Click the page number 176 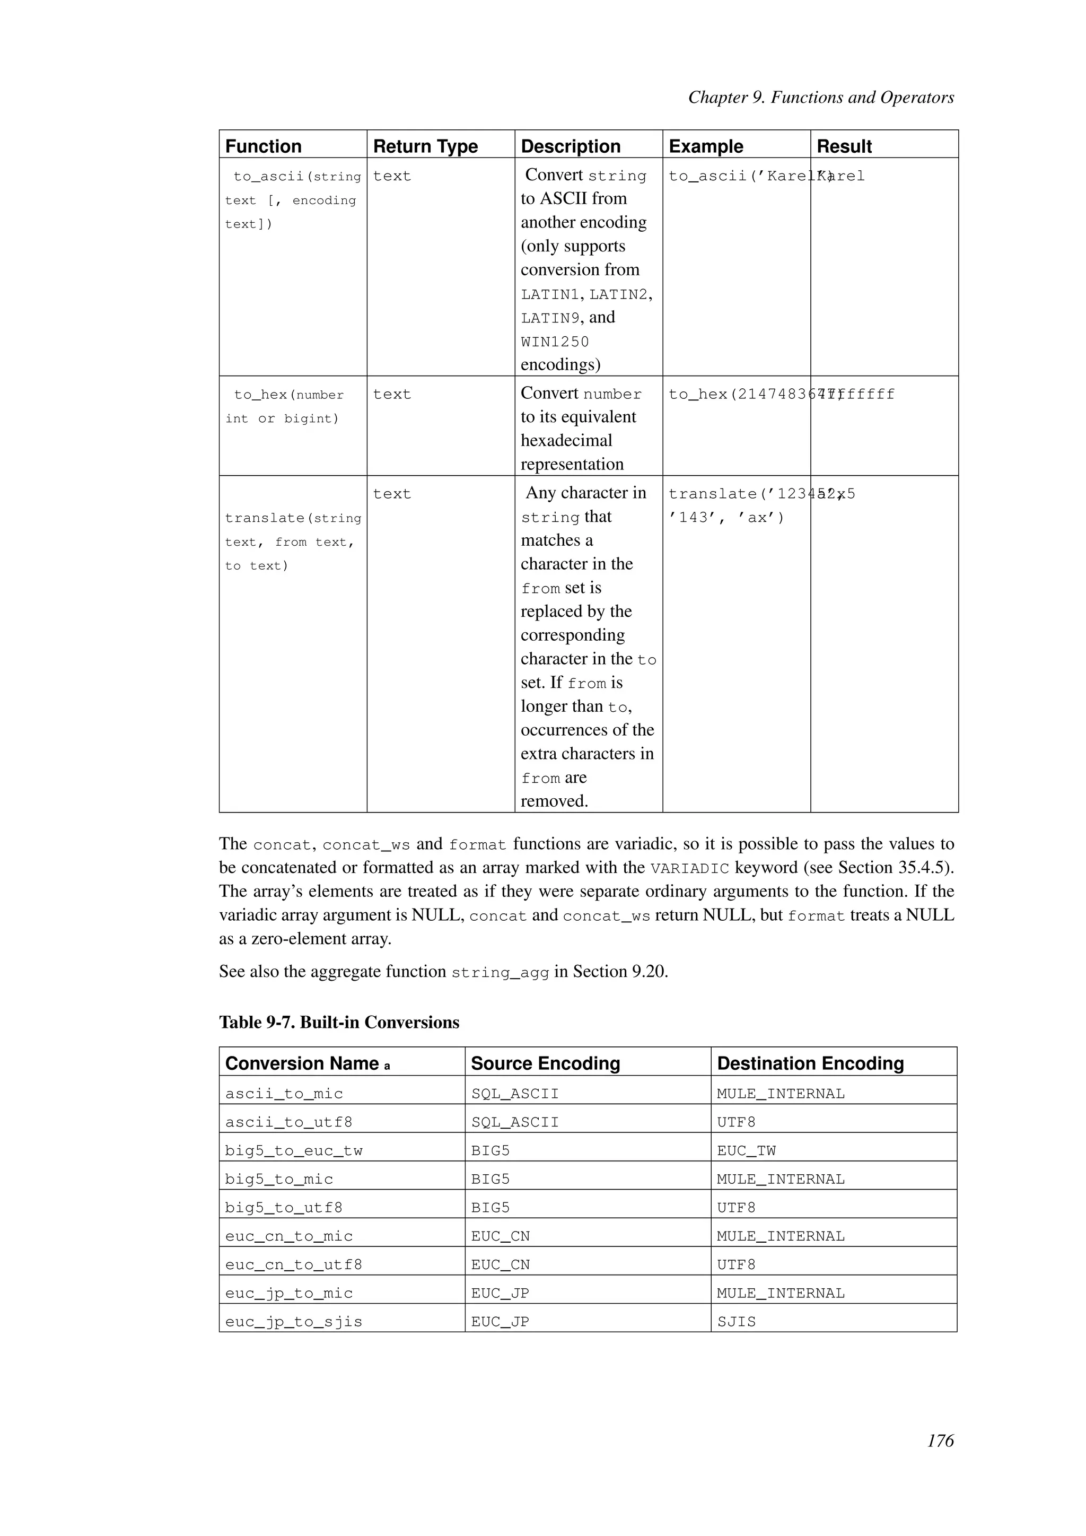940,1441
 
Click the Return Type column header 425,146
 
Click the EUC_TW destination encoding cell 746,1150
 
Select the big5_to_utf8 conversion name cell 284,1208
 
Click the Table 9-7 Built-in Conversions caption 339,1022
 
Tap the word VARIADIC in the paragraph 689,868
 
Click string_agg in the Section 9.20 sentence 500,973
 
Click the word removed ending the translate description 554,801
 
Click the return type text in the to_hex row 392,394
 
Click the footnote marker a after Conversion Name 387,1066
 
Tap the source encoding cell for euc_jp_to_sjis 500,1322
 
